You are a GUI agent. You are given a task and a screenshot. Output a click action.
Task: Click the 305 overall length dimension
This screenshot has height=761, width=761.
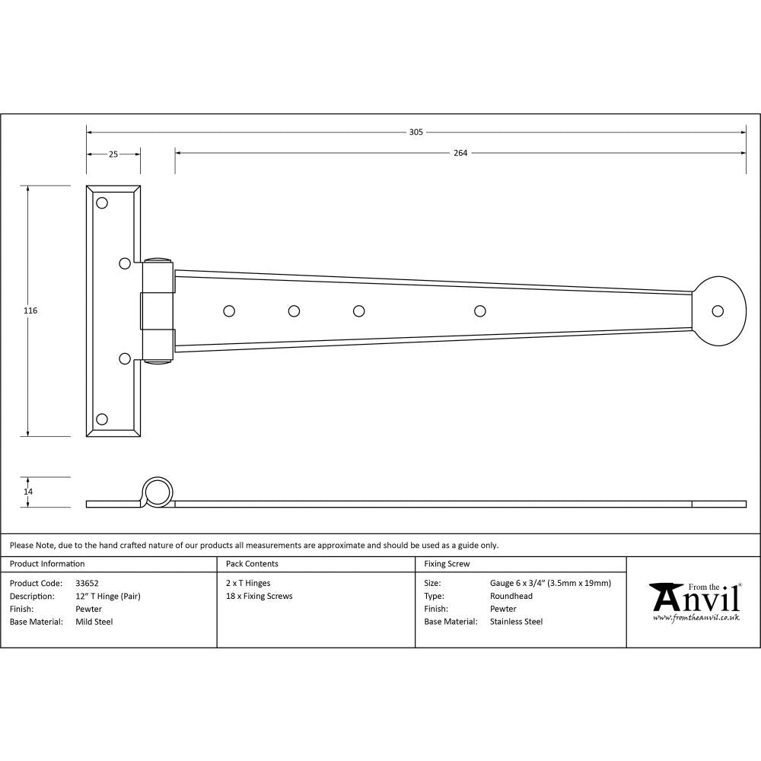point(416,132)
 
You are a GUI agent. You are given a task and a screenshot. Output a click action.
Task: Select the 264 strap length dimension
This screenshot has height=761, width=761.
point(460,153)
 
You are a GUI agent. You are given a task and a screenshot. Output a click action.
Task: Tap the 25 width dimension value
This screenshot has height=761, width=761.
point(113,154)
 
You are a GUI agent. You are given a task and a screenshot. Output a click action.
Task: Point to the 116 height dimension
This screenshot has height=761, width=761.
point(30,310)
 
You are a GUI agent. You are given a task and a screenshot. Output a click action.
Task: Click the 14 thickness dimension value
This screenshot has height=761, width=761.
point(29,492)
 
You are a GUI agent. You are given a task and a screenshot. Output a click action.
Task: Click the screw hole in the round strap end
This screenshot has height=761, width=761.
point(717,310)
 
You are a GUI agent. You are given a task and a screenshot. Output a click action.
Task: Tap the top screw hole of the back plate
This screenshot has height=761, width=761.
point(102,203)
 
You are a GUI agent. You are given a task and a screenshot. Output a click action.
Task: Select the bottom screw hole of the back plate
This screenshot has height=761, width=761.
point(102,419)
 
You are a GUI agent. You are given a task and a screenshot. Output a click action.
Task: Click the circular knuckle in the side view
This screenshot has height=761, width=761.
point(158,492)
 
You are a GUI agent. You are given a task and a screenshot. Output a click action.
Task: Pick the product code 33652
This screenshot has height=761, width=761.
point(88,583)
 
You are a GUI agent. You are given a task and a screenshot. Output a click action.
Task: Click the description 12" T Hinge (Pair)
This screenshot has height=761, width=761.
point(108,596)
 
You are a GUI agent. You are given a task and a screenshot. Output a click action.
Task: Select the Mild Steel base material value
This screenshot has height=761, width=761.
point(94,622)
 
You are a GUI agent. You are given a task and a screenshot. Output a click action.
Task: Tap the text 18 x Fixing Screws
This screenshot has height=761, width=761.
point(259,596)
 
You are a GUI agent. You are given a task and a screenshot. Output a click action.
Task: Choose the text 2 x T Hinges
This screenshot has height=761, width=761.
point(248,583)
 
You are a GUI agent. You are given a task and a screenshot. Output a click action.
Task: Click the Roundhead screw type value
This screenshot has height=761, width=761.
point(511,596)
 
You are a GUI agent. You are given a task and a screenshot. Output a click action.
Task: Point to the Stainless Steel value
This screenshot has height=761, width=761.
point(516,622)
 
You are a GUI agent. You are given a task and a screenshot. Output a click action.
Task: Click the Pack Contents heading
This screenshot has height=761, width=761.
point(252,564)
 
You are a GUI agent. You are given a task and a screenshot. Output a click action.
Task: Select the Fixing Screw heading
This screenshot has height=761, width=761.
point(447,564)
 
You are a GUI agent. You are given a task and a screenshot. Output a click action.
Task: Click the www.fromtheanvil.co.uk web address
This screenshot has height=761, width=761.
point(696,617)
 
